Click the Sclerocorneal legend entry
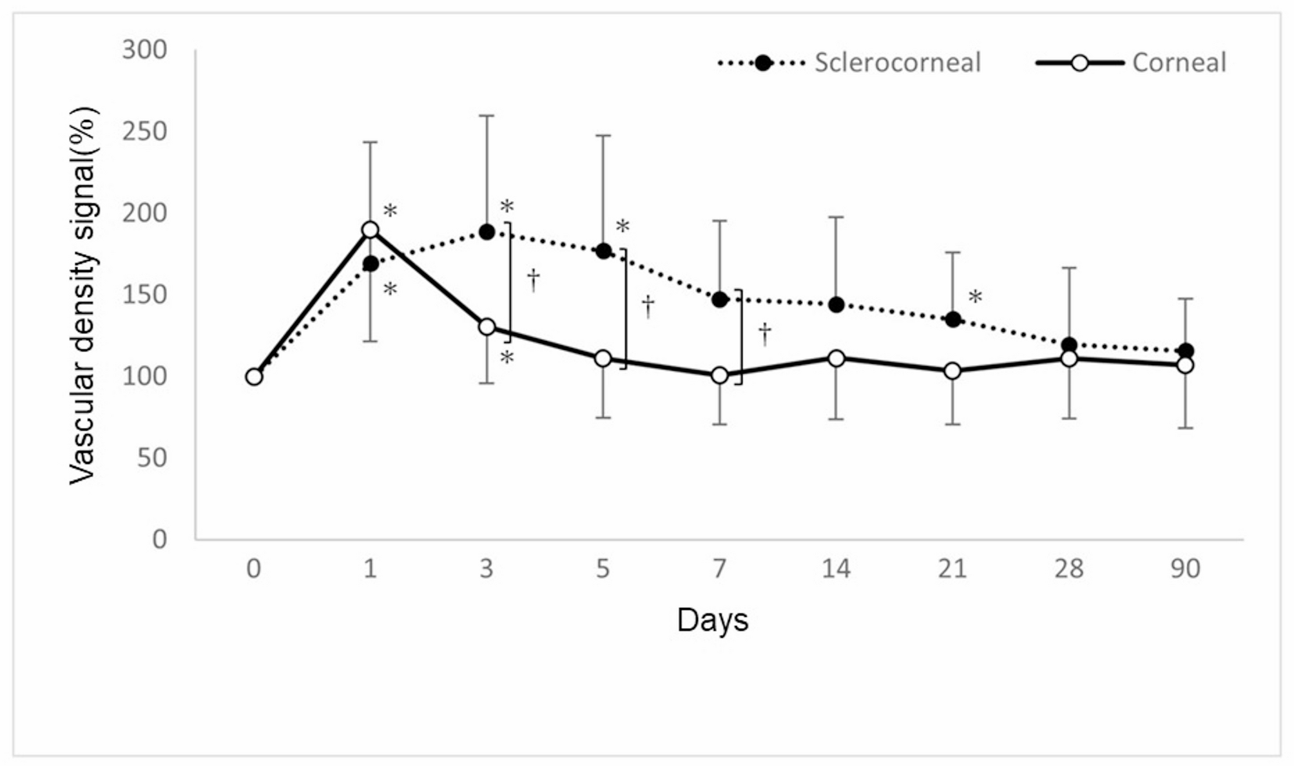[x=896, y=63]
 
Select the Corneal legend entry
[x=1178, y=63]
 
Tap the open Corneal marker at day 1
[x=370, y=230]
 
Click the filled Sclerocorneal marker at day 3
[x=487, y=232]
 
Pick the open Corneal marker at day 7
[x=720, y=375]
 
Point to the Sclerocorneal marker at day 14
[x=836, y=305]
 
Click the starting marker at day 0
[x=254, y=377]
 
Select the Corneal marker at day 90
[x=1185, y=365]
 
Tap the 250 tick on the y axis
[x=144, y=132]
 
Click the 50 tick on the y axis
[x=152, y=458]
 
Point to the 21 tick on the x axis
[x=952, y=569]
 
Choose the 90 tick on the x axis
[x=1185, y=569]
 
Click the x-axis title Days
[x=712, y=620]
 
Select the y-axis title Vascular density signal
[x=84, y=295]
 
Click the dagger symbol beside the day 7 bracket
[x=765, y=333]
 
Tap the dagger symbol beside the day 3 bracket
[x=534, y=280]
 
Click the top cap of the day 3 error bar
[x=487, y=116]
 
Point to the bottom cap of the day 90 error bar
[x=1185, y=428]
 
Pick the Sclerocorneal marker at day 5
[x=603, y=251]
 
